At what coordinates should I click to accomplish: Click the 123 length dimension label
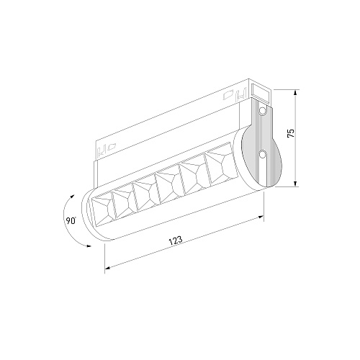click(176, 240)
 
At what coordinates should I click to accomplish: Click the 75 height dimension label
click(290, 133)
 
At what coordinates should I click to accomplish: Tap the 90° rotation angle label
click(71, 220)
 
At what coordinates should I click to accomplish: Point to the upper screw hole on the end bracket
click(262, 111)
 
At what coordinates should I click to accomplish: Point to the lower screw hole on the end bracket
click(262, 154)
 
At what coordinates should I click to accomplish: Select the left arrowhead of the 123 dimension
click(108, 267)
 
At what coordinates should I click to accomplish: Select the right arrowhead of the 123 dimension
click(261, 217)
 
